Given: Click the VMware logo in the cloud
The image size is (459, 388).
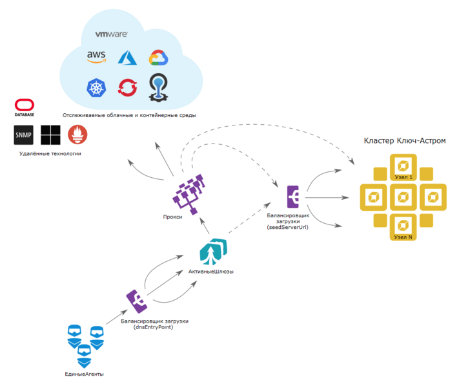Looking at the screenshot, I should click(111, 35).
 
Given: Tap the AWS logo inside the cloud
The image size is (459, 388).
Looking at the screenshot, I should click(96, 57).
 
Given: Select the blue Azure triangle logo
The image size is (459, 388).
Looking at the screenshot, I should click(127, 58).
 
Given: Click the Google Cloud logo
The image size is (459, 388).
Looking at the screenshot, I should click(158, 58).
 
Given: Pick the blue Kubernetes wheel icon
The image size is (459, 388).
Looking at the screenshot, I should click(97, 87).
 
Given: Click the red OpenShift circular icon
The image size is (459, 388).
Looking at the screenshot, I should click(127, 87).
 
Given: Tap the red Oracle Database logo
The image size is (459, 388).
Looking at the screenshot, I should click(25, 107).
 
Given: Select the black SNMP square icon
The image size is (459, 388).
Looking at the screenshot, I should click(24, 135).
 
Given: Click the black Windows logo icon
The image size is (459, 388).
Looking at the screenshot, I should click(50, 135).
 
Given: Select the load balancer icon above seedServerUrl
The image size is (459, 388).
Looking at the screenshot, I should click(293, 196).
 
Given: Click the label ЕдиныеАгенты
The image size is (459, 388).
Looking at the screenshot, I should click(85, 374).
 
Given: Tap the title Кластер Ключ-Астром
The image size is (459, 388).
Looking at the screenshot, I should click(404, 140).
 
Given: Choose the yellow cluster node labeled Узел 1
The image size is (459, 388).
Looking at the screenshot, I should click(403, 166).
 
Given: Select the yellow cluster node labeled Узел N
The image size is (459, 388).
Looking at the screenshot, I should click(403, 225).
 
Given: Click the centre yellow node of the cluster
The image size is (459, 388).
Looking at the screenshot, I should click(403, 195).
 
